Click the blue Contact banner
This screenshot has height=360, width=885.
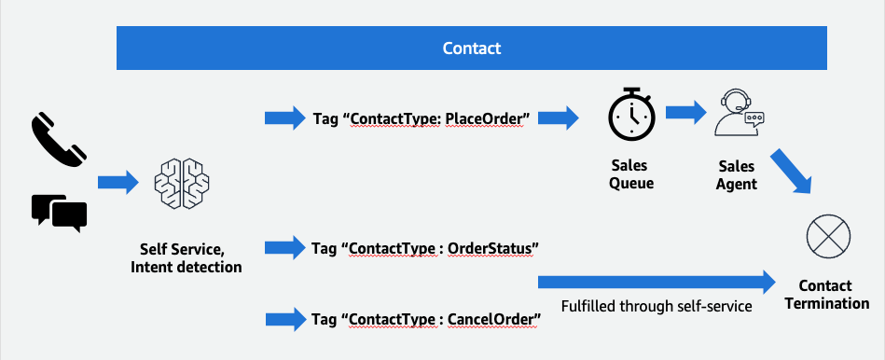tap(471, 48)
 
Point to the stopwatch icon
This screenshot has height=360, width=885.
tap(631, 117)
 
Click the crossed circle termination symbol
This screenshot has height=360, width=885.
tap(827, 233)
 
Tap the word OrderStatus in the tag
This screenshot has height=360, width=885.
tap(491, 249)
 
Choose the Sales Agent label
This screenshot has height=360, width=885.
tap(738, 174)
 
